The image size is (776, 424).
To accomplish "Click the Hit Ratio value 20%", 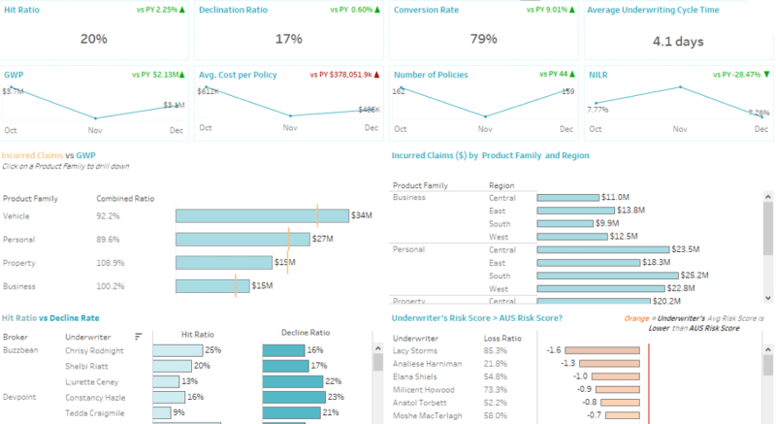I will coord(94,39).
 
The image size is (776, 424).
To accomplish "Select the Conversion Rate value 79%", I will coord(484,39).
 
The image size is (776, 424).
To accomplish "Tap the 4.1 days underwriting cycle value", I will coord(676,41).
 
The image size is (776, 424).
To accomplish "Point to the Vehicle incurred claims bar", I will coord(262,215).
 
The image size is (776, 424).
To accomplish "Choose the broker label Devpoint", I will coord(21,397).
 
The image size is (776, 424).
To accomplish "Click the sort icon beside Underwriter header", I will coord(138,336).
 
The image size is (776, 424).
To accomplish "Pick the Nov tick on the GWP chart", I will coord(95,129).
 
